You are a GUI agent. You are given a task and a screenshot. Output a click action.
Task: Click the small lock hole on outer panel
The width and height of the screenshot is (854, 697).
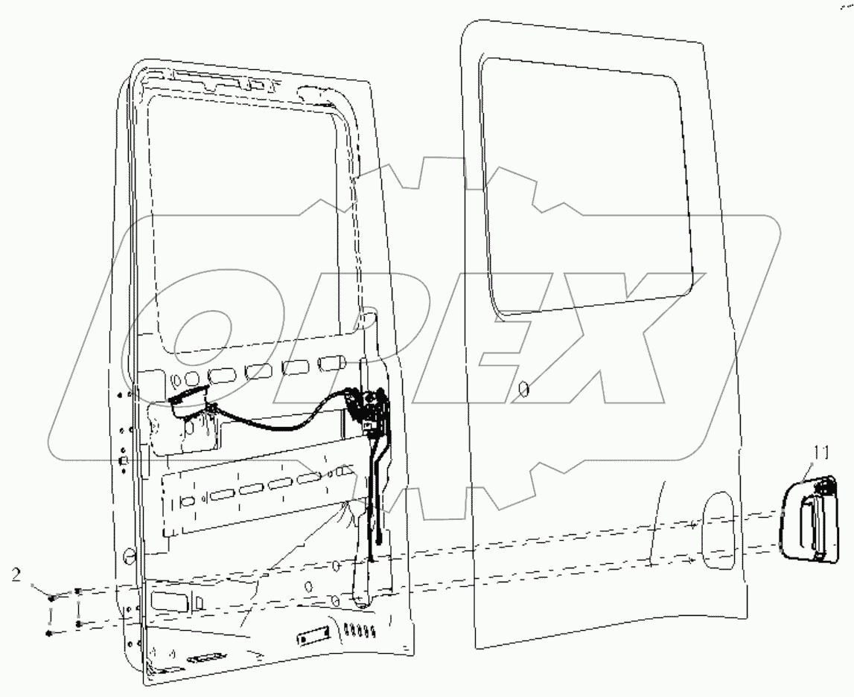(523, 387)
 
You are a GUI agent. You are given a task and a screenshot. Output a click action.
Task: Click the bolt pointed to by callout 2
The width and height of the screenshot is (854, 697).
(49, 597)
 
